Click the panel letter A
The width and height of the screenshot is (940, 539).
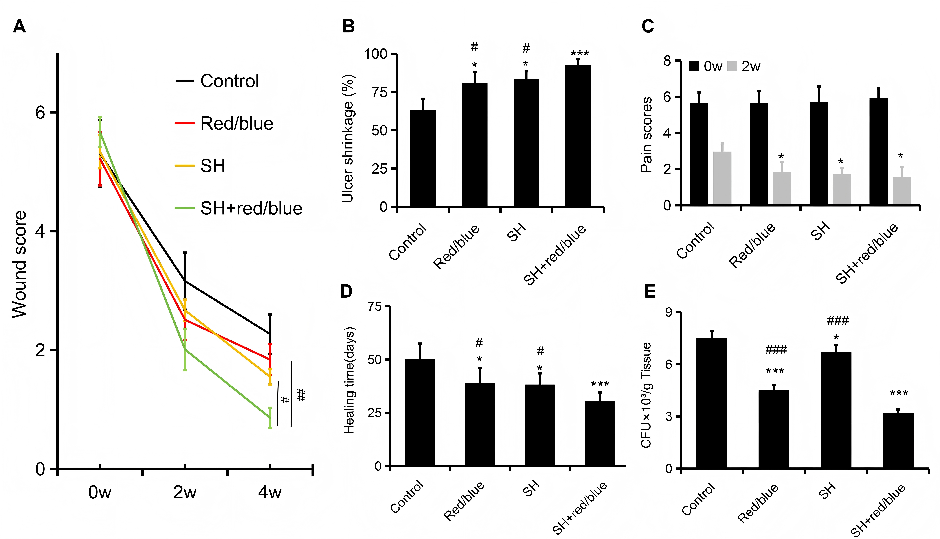pos(19,27)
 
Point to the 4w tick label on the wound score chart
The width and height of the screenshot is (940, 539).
pos(270,492)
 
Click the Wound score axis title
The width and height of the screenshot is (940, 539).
pos(19,264)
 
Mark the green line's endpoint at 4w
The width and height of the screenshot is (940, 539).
pos(270,418)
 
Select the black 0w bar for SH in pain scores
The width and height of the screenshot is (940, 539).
pos(819,154)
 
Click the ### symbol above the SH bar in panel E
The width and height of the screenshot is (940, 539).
pos(837,321)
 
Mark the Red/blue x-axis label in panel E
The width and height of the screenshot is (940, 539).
pos(758,503)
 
